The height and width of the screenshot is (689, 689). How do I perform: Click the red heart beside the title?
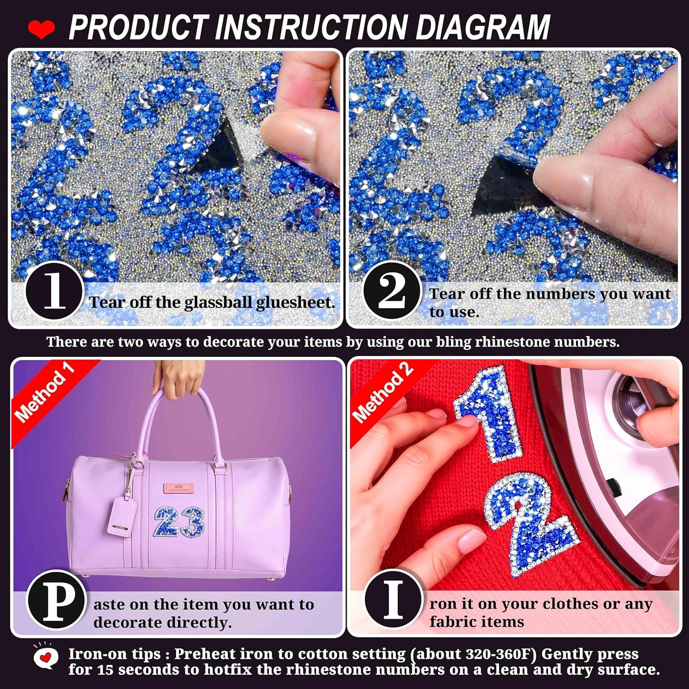click(41, 30)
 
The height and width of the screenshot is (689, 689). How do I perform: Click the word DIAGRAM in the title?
click(483, 27)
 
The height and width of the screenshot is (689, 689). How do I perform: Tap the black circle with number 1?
click(54, 291)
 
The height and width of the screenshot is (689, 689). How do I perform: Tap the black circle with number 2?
click(391, 291)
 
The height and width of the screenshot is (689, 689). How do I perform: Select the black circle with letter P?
click(56, 600)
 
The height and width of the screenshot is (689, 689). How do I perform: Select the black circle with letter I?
click(393, 600)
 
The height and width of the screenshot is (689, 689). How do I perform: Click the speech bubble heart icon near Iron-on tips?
click(46, 658)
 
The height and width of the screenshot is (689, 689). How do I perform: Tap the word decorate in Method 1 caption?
click(127, 623)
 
